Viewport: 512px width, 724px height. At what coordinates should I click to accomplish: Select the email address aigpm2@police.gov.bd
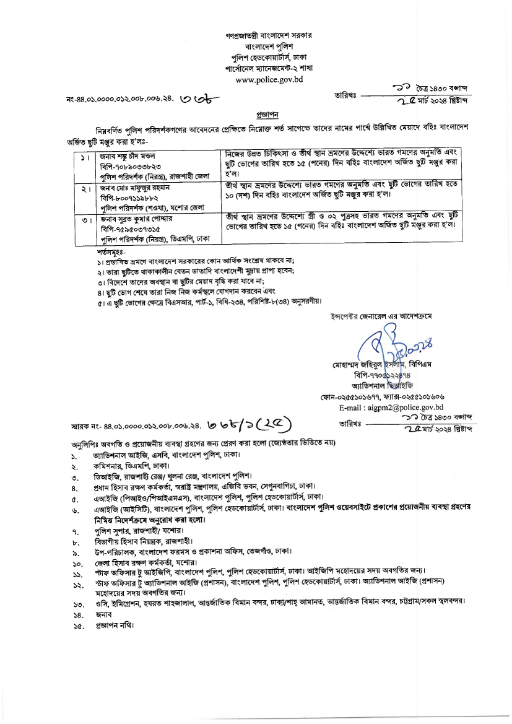[391, 407]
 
